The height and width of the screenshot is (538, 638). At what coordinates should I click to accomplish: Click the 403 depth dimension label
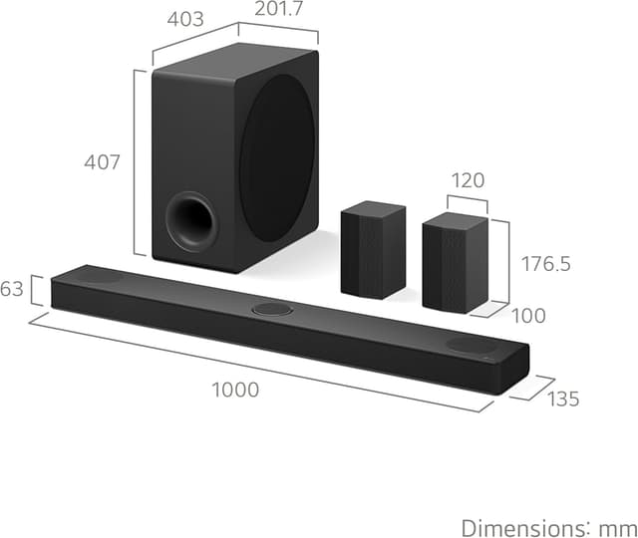click(x=185, y=19)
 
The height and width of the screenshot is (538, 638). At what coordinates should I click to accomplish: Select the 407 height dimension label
click(x=103, y=161)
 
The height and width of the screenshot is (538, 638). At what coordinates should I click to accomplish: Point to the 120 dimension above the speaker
click(x=467, y=180)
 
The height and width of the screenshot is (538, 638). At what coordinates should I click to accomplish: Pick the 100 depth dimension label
click(x=528, y=316)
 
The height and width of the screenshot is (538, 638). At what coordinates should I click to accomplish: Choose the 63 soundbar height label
click(x=11, y=289)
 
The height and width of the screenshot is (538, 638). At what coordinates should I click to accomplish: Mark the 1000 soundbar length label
click(x=235, y=390)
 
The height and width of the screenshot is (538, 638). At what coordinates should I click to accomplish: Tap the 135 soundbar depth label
click(x=562, y=400)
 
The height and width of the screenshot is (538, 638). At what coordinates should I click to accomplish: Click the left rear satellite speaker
click(x=373, y=250)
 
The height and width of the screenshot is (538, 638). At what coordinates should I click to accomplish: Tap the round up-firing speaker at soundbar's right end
click(x=469, y=345)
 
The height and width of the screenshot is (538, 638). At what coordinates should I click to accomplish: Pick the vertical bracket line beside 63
click(x=33, y=290)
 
